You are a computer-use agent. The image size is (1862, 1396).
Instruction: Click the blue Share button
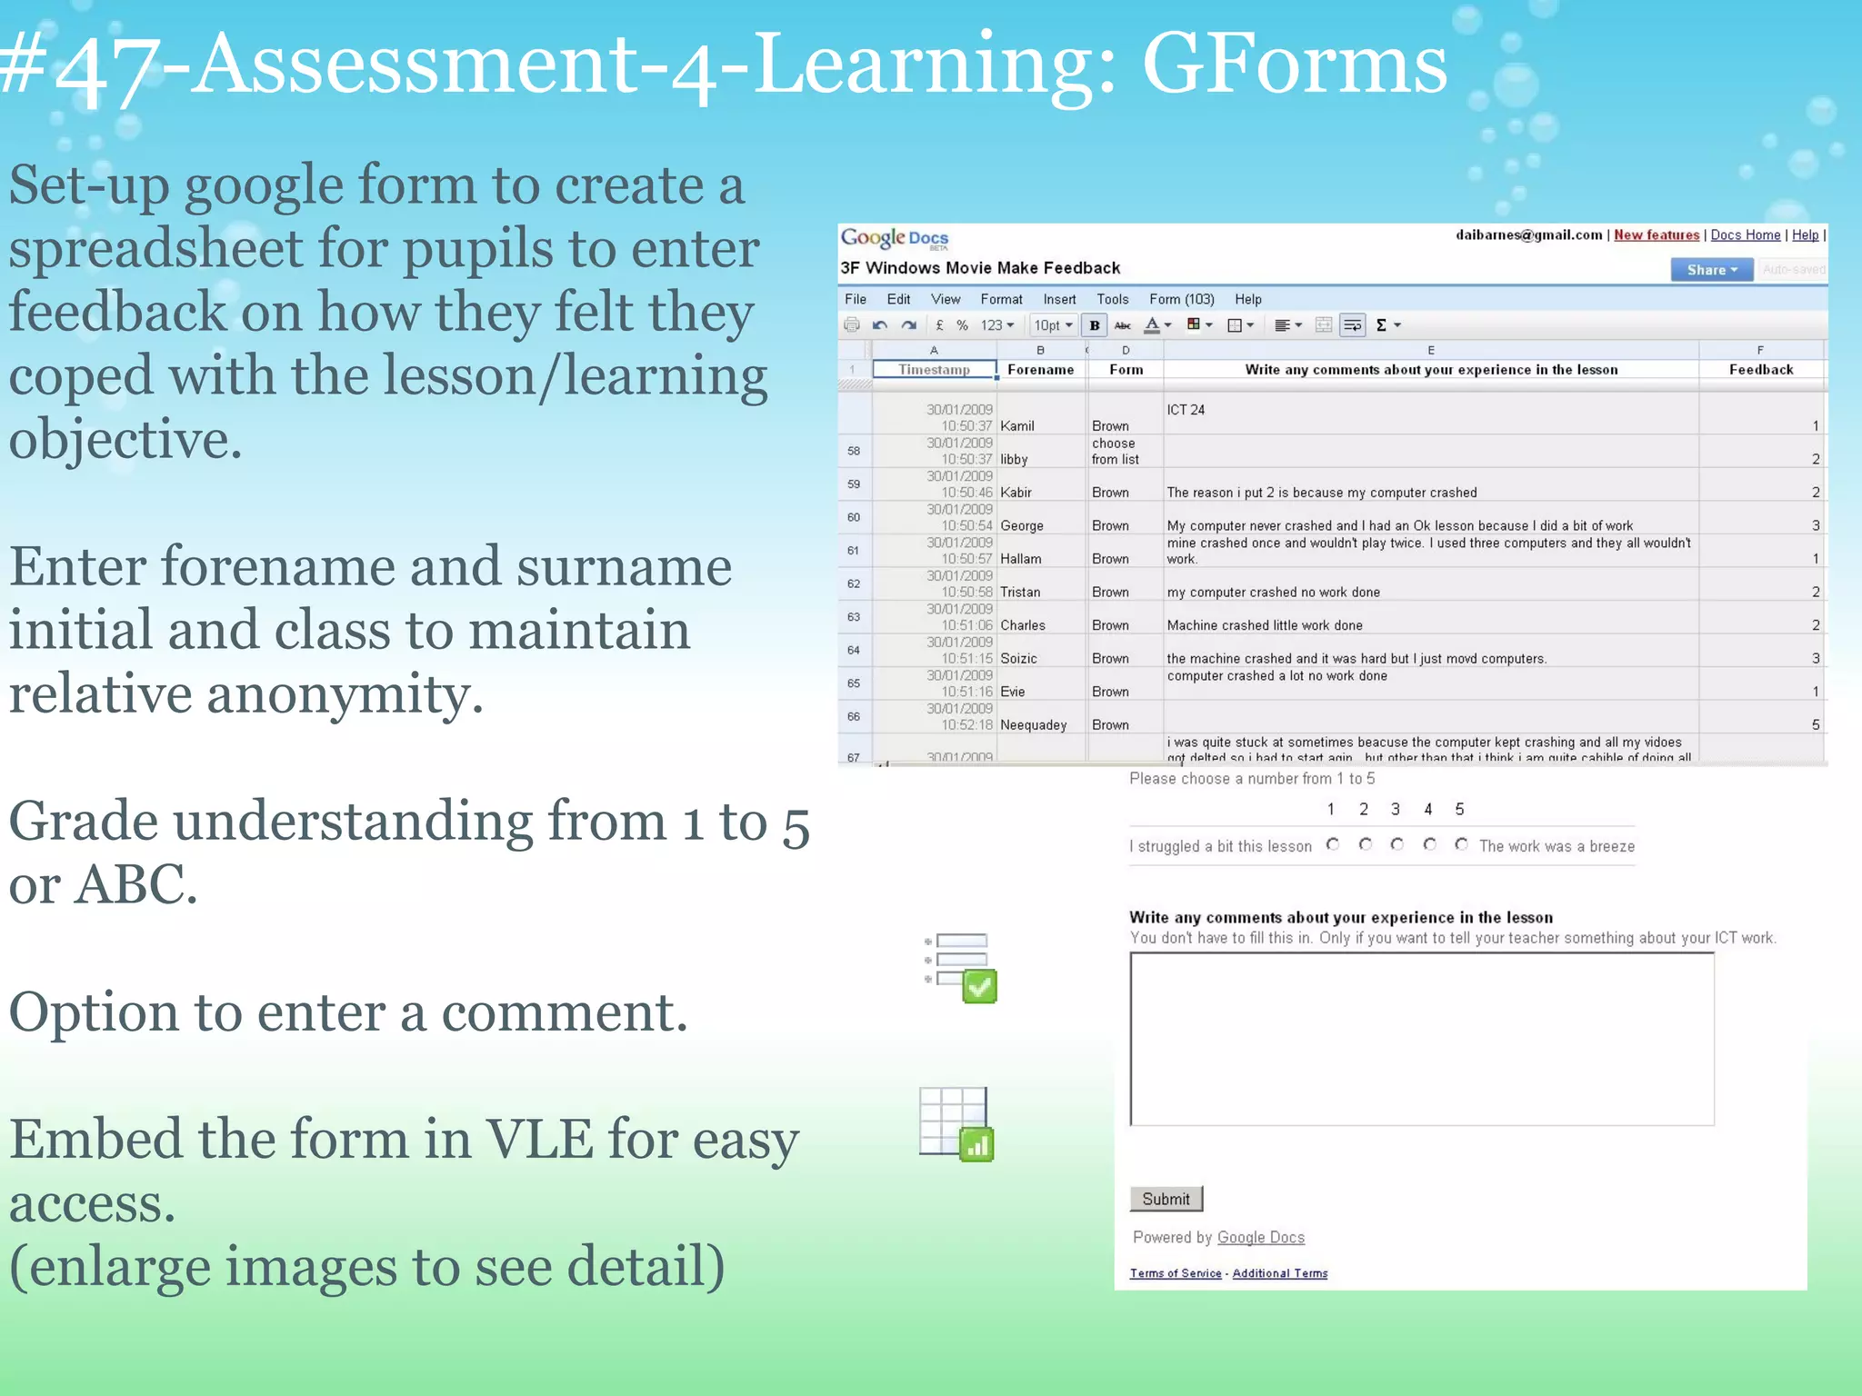(x=1711, y=270)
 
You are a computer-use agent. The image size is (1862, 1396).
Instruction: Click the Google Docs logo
(x=894, y=239)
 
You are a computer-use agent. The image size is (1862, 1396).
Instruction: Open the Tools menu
(x=1112, y=299)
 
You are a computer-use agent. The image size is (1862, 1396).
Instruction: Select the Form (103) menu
(x=1181, y=299)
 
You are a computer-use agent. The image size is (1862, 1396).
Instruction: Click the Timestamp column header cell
(x=934, y=370)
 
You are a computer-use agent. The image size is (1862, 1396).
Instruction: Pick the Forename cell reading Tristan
(x=1020, y=593)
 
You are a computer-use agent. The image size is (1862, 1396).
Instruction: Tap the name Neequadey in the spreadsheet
(x=1033, y=725)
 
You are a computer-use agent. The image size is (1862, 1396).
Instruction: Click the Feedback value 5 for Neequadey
(x=1815, y=725)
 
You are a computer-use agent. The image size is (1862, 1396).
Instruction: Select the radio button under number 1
(x=1333, y=845)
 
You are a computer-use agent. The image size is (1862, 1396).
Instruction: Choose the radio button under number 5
(x=1461, y=845)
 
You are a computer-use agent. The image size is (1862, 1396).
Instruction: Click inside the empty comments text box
(x=1421, y=1039)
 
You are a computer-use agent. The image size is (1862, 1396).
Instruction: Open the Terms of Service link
(x=1176, y=1273)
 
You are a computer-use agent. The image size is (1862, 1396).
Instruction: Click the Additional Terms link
(x=1279, y=1273)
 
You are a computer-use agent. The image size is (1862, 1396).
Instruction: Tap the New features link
(x=1656, y=235)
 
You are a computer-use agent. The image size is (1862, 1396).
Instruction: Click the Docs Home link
(x=1745, y=235)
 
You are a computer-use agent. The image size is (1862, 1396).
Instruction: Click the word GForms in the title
(x=1294, y=65)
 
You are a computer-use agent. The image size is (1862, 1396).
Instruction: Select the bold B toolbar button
(x=1095, y=325)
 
